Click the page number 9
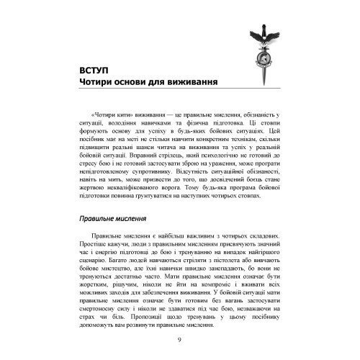click(179, 341)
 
